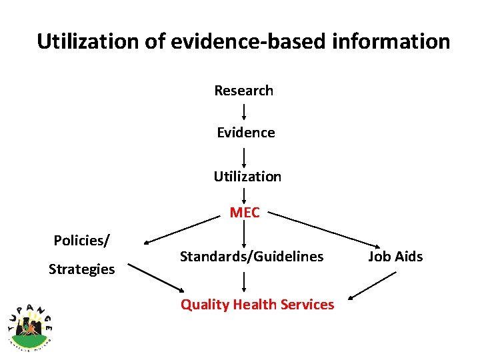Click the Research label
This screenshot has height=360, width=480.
point(243,90)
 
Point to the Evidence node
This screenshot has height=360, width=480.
point(245,133)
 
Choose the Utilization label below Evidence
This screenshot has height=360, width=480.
point(247,177)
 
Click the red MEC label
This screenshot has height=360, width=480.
point(245,213)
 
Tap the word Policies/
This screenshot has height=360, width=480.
point(82,240)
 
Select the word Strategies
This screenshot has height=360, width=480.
point(81,269)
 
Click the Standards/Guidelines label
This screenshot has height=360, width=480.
point(251,256)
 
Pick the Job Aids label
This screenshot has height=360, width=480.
point(395,256)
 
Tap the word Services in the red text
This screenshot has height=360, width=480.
point(308,305)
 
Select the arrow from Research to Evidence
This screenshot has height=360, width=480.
point(244,111)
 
